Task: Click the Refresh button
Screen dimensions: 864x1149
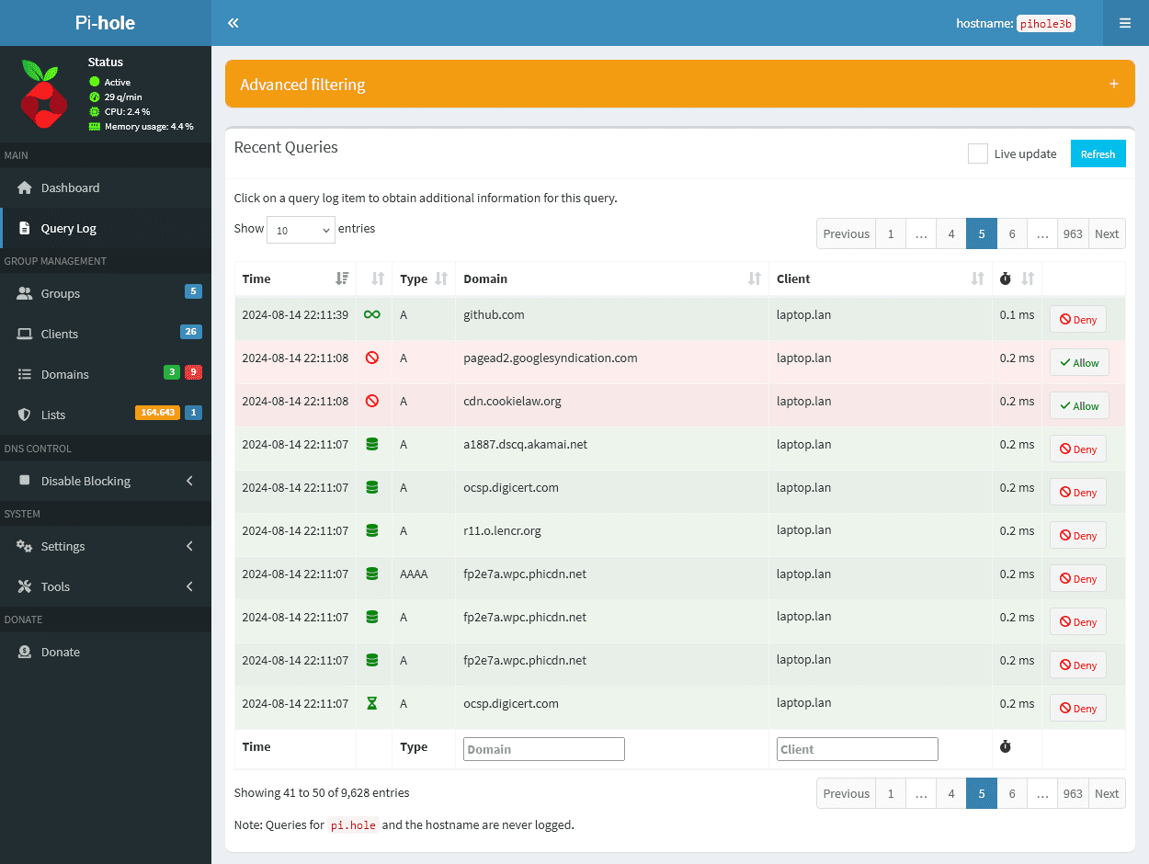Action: [x=1098, y=153]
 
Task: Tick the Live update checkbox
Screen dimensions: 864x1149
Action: [x=977, y=153]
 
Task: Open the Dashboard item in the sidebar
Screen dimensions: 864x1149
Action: [x=70, y=188]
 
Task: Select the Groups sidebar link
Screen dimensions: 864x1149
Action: [x=61, y=293]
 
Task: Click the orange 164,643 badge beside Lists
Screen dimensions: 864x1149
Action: [x=156, y=413]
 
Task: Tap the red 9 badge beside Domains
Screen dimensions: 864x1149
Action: [x=193, y=372]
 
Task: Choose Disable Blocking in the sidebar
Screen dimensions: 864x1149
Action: [x=85, y=481]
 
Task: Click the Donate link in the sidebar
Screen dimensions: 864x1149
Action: [x=61, y=652]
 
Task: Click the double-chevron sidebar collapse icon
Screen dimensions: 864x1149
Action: [x=233, y=23]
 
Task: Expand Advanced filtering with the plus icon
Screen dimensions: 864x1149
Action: [x=1113, y=84]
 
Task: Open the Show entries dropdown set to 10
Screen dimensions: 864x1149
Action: [x=301, y=230]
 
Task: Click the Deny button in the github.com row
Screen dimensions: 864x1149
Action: [x=1077, y=319]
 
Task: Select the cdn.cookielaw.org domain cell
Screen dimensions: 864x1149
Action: [x=512, y=401]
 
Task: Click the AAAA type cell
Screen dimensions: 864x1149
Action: [x=415, y=574]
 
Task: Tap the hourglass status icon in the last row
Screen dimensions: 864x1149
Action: [x=371, y=703]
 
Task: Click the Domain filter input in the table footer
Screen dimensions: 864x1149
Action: [x=543, y=749]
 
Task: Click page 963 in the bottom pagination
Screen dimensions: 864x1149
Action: [x=1072, y=793]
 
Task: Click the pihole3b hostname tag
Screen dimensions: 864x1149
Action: [x=1046, y=23]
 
